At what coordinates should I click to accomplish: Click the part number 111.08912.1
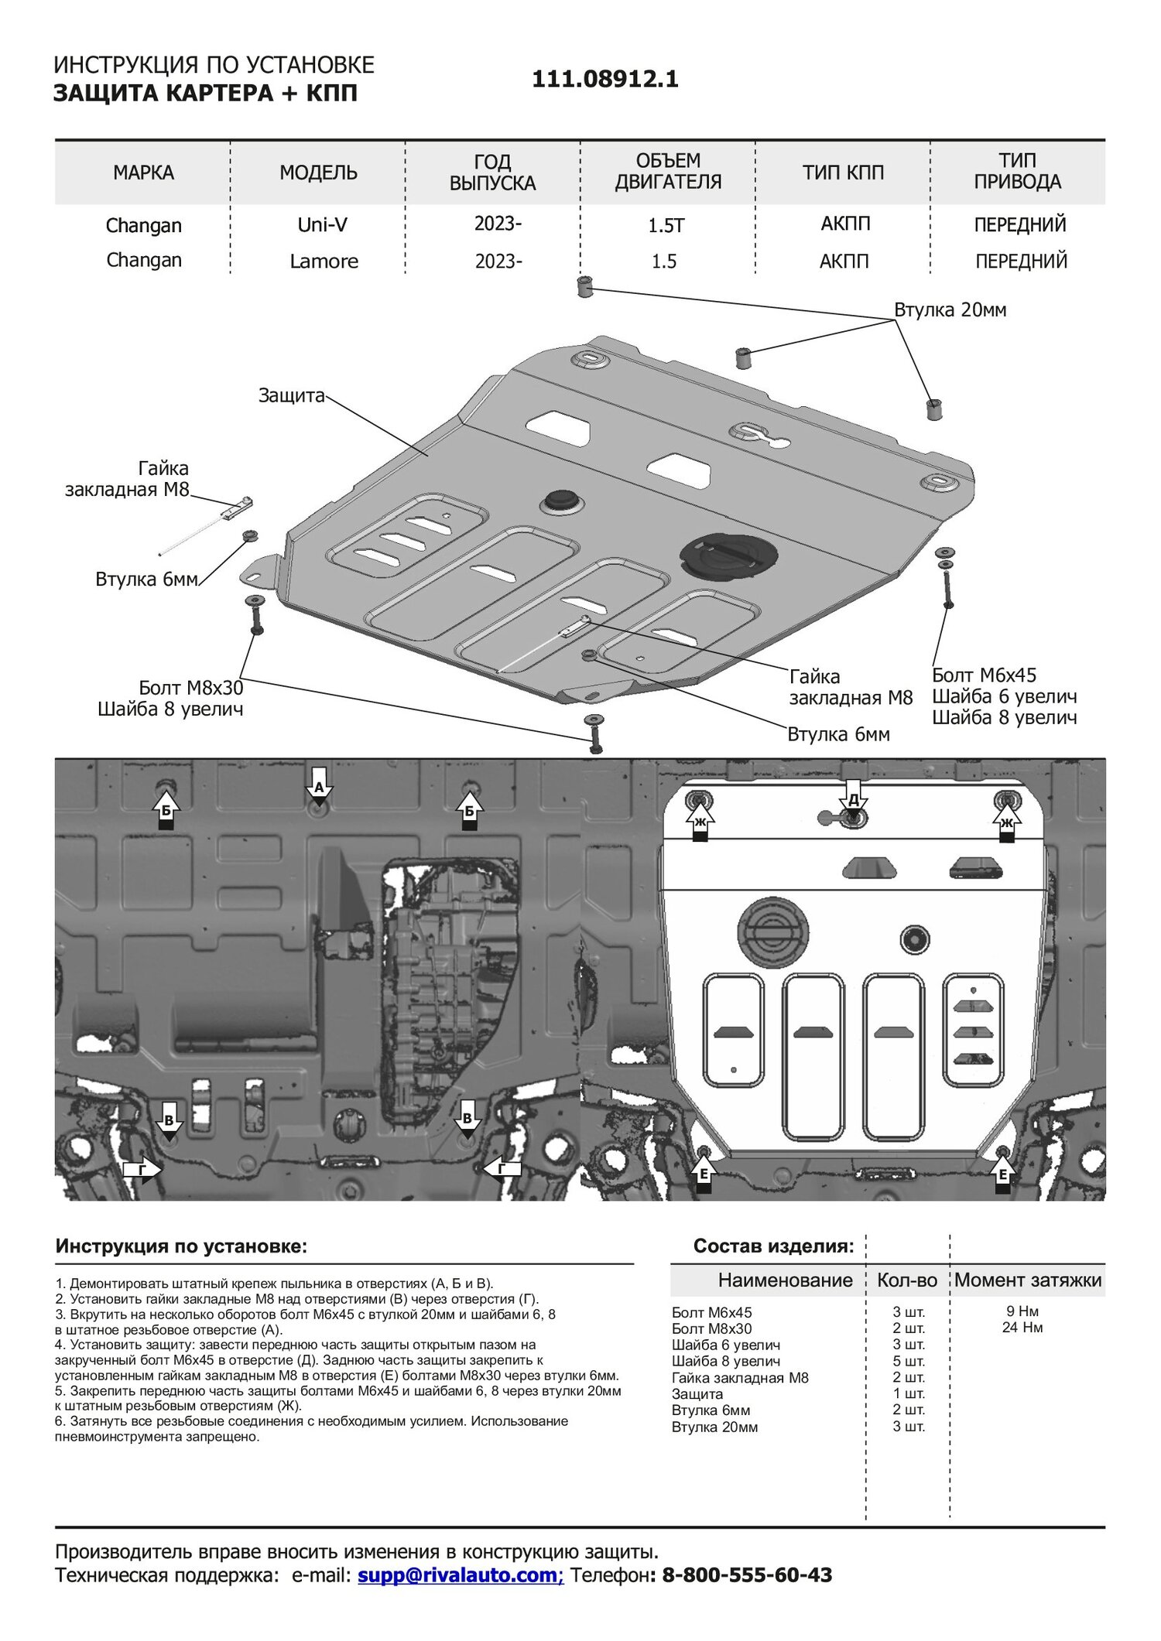click(604, 79)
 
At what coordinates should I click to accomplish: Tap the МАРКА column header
click(143, 173)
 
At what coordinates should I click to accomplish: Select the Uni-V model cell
click(322, 224)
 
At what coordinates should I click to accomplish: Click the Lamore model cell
click(324, 261)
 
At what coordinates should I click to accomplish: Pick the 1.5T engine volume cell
click(666, 225)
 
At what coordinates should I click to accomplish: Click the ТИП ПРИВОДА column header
click(1017, 171)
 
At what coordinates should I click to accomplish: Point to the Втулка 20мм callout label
click(950, 310)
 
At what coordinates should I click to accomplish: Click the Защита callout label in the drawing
click(291, 395)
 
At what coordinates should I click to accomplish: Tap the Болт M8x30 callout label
click(190, 688)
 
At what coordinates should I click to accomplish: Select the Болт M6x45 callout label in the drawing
click(984, 675)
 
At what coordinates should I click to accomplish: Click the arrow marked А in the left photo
click(318, 788)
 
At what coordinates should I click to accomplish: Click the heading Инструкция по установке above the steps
click(181, 1246)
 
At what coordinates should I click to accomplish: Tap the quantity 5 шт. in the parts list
click(909, 1361)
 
